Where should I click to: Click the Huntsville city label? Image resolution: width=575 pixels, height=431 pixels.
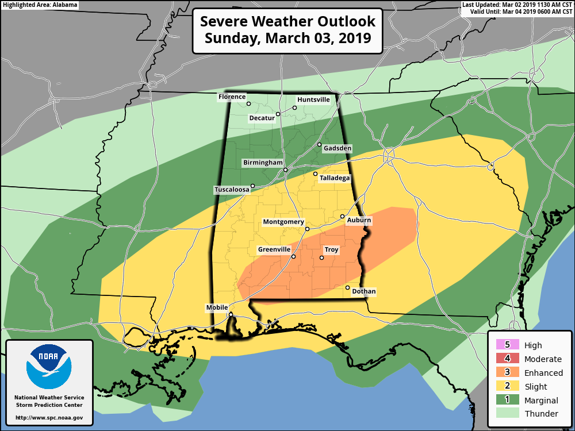coord(313,99)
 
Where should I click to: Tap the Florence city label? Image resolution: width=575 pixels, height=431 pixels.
coord(232,97)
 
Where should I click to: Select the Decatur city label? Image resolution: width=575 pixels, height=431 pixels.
coord(262,118)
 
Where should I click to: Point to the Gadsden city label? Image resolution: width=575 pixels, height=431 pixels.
coord(338,148)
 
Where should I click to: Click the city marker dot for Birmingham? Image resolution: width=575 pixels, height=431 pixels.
coord(285,170)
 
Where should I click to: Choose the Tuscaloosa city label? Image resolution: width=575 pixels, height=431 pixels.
coord(232,190)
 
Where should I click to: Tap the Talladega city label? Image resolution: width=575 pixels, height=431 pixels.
coord(335,178)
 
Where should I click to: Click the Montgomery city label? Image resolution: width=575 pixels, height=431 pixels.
coord(283,222)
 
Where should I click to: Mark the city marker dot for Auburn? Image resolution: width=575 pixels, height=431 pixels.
coord(342,217)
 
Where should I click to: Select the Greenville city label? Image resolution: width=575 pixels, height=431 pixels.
coord(274,249)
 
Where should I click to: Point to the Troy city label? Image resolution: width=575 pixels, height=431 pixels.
coord(331,250)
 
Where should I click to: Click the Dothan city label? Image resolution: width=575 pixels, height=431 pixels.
coord(363,291)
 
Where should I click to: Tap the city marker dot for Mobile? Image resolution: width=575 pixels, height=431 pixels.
coord(231,314)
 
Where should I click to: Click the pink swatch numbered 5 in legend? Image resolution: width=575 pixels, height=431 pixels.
coord(507,345)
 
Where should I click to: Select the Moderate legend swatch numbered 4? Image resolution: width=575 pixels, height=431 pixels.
coord(507,359)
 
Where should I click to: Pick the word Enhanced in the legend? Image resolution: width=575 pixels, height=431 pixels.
coord(543,373)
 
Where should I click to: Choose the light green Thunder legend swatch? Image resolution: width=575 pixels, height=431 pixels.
coord(507,413)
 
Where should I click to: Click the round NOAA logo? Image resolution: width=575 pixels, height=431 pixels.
coord(49,367)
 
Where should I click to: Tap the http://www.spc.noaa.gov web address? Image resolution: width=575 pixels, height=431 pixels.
coord(49,418)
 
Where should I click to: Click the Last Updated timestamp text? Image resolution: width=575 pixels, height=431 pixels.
coord(517,5)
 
